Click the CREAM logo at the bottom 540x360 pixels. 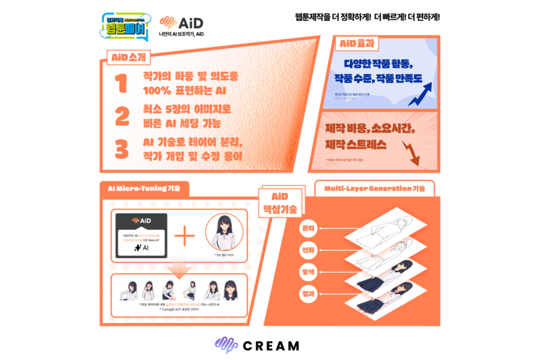pyautogui.click(x=258, y=345)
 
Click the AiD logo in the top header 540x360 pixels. pyautogui.click(x=181, y=23)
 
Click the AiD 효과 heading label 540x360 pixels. pyautogui.click(x=357, y=43)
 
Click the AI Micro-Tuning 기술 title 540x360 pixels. pyautogui.click(x=144, y=188)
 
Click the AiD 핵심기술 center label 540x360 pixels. pyautogui.click(x=280, y=202)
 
